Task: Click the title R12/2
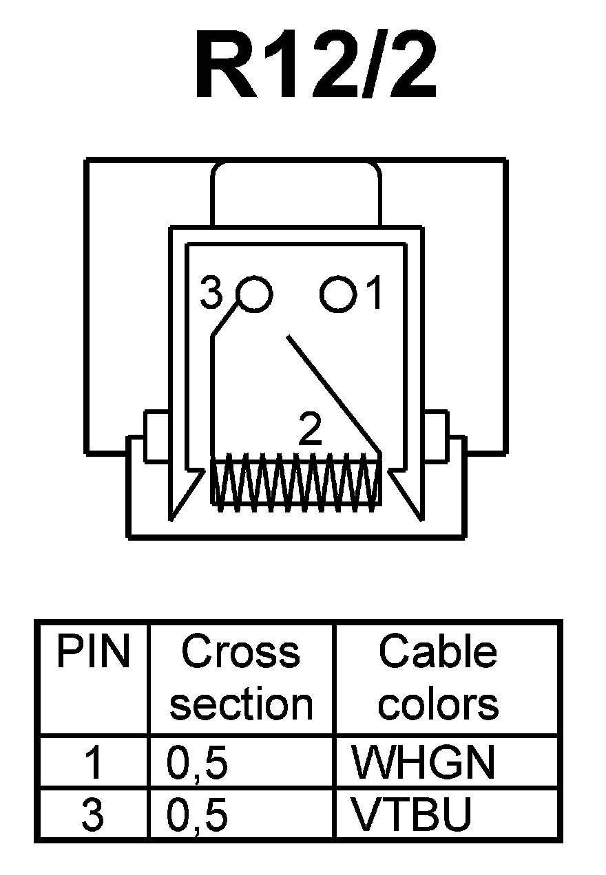[x=315, y=65]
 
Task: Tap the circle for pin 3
[x=254, y=294]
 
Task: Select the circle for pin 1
[x=338, y=294]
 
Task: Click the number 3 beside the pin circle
[x=211, y=294]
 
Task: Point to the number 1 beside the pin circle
[x=374, y=294]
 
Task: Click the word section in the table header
[x=241, y=704]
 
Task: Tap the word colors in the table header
[x=438, y=704]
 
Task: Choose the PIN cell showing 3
[x=92, y=814]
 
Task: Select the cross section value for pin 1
[x=198, y=764]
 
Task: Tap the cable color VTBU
[x=412, y=814]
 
